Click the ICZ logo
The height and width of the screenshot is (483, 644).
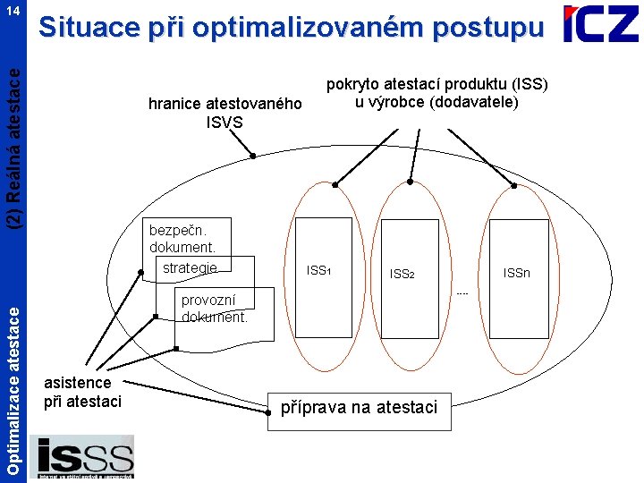[x=600, y=25]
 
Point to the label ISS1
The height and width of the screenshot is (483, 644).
[x=318, y=269]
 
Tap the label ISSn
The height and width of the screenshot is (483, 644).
[x=516, y=272]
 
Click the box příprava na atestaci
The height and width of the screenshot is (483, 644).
[x=359, y=408]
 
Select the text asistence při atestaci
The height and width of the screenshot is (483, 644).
[x=82, y=393]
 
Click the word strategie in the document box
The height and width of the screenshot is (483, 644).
[x=190, y=267]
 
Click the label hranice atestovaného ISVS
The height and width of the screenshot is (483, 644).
[x=225, y=114]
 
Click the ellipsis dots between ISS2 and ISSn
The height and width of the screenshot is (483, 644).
[x=462, y=292]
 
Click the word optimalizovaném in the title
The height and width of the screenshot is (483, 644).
[x=319, y=28]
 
